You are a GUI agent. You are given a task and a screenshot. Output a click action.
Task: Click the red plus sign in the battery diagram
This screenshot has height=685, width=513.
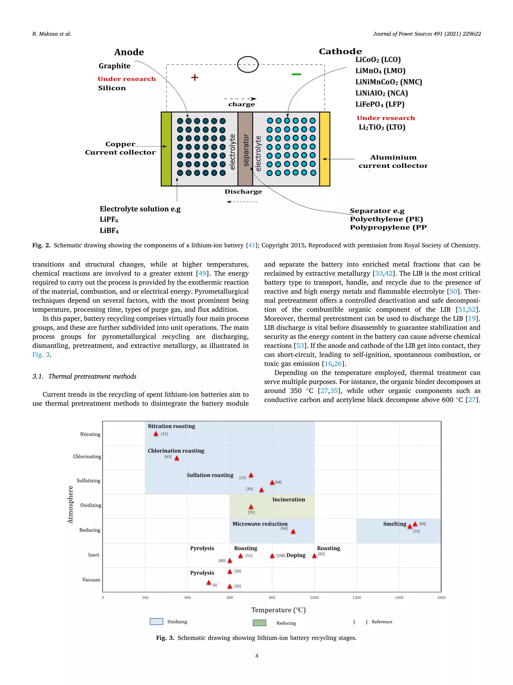click(x=194, y=78)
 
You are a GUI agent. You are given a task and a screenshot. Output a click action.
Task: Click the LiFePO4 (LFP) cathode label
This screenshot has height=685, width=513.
click(x=380, y=104)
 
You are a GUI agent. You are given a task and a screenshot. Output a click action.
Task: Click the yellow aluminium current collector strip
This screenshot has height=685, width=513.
click(x=324, y=149)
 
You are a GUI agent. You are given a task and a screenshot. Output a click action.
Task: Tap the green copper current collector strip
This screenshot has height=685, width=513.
click(x=166, y=149)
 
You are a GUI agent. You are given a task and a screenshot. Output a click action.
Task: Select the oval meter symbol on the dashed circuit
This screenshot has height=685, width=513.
click(x=248, y=64)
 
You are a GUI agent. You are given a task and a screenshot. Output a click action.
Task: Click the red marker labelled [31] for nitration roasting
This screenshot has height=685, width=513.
click(x=156, y=434)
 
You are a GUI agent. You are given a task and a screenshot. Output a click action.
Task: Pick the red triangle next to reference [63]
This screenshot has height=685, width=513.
click(x=177, y=458)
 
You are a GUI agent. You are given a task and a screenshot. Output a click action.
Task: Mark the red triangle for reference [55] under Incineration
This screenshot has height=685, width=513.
click(x=251, y=507)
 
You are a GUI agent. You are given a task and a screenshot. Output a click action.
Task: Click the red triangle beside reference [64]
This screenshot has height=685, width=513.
click(x=293, y=531)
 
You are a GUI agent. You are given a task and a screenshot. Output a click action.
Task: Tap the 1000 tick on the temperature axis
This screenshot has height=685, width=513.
click(x=314, y=597)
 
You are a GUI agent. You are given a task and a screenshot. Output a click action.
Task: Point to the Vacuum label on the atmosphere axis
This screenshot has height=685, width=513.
click(x=91, y=580)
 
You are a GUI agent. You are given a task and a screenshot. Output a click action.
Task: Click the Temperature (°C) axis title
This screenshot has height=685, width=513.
click(x=278, y=610)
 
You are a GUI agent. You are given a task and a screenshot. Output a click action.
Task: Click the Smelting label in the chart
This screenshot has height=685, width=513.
click(x=394, y=524)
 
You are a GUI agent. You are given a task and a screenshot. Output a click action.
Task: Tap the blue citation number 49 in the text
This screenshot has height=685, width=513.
click(x=202, y=273)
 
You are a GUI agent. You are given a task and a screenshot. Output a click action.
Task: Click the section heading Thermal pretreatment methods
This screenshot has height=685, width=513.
click(x=92, y=376)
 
